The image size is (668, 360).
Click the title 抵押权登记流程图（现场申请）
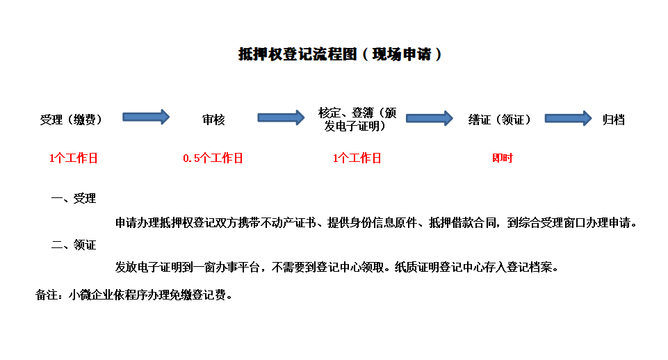[x=339, y=54]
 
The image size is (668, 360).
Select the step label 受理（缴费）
[x=71, y=120]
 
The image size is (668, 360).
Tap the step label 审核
[x=213, y=120]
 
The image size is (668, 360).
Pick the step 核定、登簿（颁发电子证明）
[x=357, y=120]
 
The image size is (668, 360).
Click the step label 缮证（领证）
[x=499, y=120]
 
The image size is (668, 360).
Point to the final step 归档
[x=614, y=120]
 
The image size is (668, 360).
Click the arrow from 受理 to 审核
[x=146, y=117]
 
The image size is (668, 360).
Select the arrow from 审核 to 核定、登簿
[x=282, y=117]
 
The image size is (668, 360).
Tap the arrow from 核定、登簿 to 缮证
[x=430, y=118]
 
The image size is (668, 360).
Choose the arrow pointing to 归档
[x=569, y=118]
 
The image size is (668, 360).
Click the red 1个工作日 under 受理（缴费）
[x=74, y=158]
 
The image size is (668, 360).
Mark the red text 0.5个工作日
[x=213, y=158]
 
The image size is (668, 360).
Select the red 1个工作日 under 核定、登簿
[x=357, y=158]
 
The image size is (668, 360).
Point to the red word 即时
[x=503, y=158]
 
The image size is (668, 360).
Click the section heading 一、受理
[x=74, y=199]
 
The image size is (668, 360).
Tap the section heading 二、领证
[x=74, y=245]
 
